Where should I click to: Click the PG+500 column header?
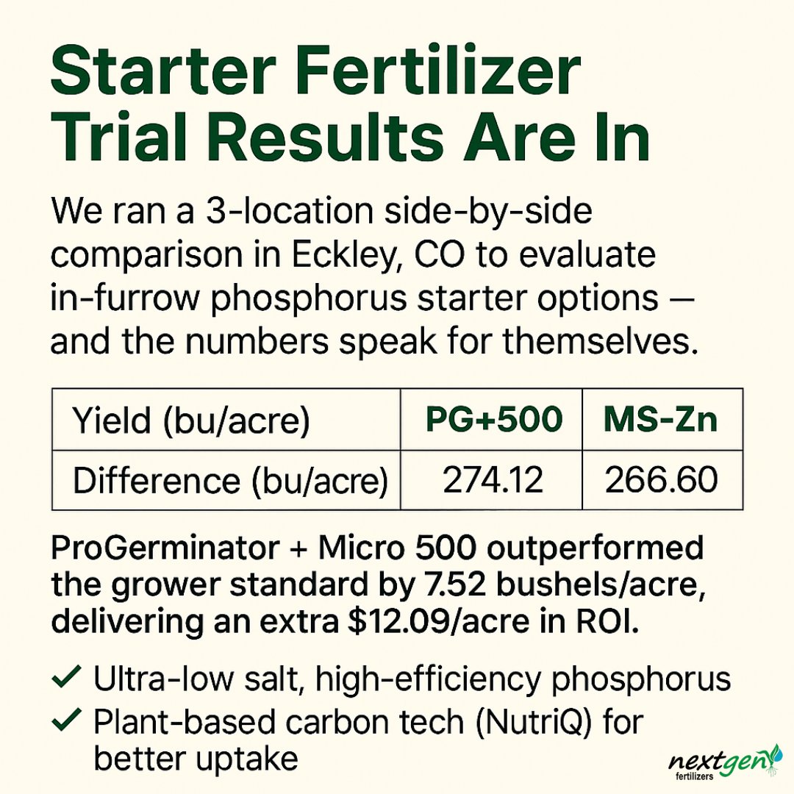point(492,420)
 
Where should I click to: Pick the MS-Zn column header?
point(660,420)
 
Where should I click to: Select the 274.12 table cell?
point(493,480)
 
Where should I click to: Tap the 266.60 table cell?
point(661,480)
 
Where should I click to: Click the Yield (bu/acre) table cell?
point(190,421)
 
